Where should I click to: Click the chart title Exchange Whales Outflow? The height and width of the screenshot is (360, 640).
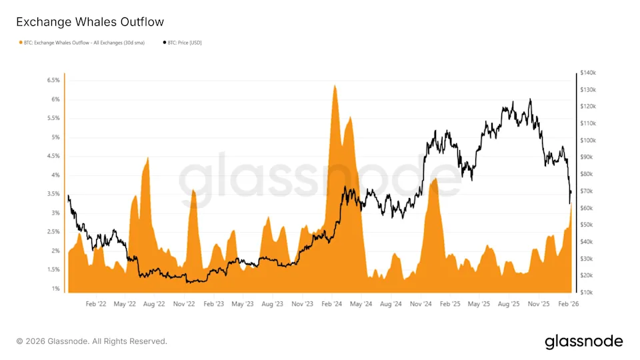point(90,22)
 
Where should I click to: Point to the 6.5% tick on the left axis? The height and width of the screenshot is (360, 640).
point(52,80)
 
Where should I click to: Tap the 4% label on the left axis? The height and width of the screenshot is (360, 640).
point(54,175)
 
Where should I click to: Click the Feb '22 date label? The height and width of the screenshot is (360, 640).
point(96,303)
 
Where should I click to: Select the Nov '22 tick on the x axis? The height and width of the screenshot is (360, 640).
point(183,303)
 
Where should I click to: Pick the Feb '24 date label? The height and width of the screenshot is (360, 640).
point(331,303)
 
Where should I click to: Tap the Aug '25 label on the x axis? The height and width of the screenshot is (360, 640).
point(508,303)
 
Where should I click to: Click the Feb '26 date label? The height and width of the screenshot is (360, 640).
point(567,303)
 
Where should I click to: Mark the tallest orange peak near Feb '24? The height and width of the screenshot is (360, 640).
point(334,87)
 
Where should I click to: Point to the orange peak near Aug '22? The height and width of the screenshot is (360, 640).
point(148,159)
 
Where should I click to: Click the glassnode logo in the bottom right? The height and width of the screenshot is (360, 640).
point(583,341)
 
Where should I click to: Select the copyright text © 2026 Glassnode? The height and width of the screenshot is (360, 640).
point(91,341)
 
